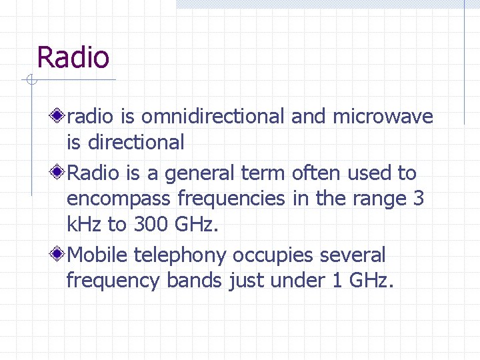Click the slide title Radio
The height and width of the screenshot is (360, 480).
73,57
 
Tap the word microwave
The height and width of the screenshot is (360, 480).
383,117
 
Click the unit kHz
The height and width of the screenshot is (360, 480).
85,224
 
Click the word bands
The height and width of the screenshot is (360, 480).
194,281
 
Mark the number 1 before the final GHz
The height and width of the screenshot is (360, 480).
335,281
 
